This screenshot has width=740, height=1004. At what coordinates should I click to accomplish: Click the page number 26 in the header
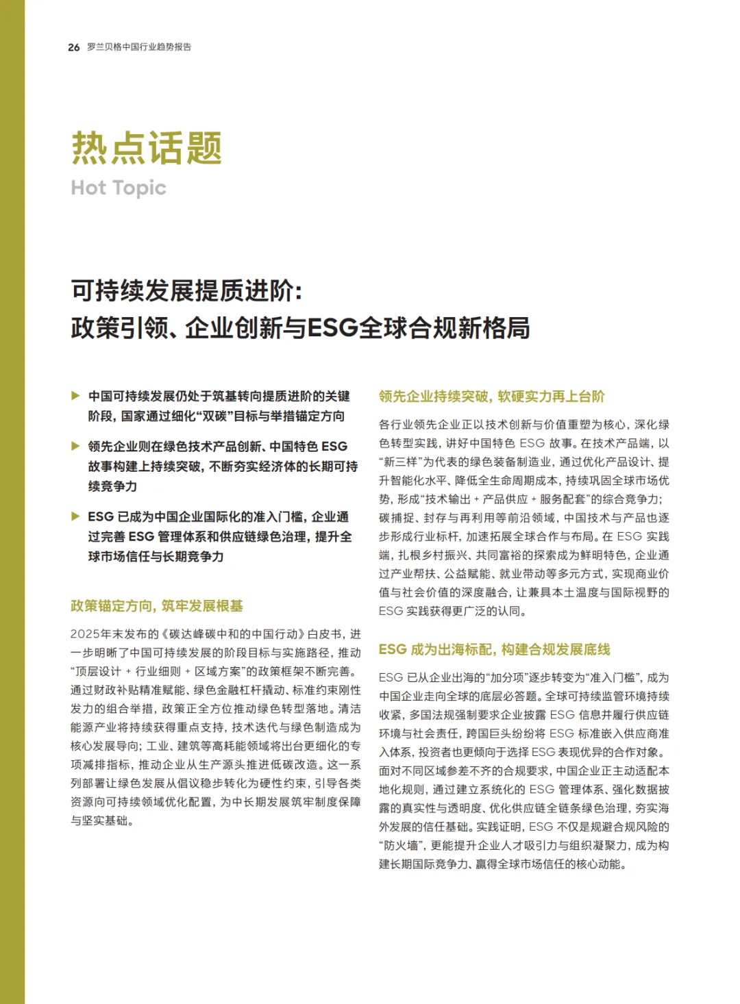[x=73, y=47]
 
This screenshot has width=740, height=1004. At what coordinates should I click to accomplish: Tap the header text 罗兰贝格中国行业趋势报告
[x=139, y=47]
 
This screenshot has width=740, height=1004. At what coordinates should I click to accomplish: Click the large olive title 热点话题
[x=147, y=148]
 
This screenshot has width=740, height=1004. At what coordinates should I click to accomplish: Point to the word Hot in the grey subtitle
[x=88, y=188]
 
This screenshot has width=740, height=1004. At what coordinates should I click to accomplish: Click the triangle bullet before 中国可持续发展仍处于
[x=75, y=396]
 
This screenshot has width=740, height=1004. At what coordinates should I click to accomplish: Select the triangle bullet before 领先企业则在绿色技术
[x=75, y=447]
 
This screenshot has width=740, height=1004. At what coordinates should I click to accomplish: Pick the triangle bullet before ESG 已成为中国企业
[x=75, y=516]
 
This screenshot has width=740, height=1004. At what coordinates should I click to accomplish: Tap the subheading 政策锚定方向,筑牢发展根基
[x=156, y=606]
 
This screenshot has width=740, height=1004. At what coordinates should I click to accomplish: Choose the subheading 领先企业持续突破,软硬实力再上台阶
[x=491, y=397]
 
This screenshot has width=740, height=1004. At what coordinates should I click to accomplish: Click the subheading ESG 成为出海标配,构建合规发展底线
[x=494, y=649]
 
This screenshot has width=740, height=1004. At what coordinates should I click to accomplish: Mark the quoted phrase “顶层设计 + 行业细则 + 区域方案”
[x=158, y=672]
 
